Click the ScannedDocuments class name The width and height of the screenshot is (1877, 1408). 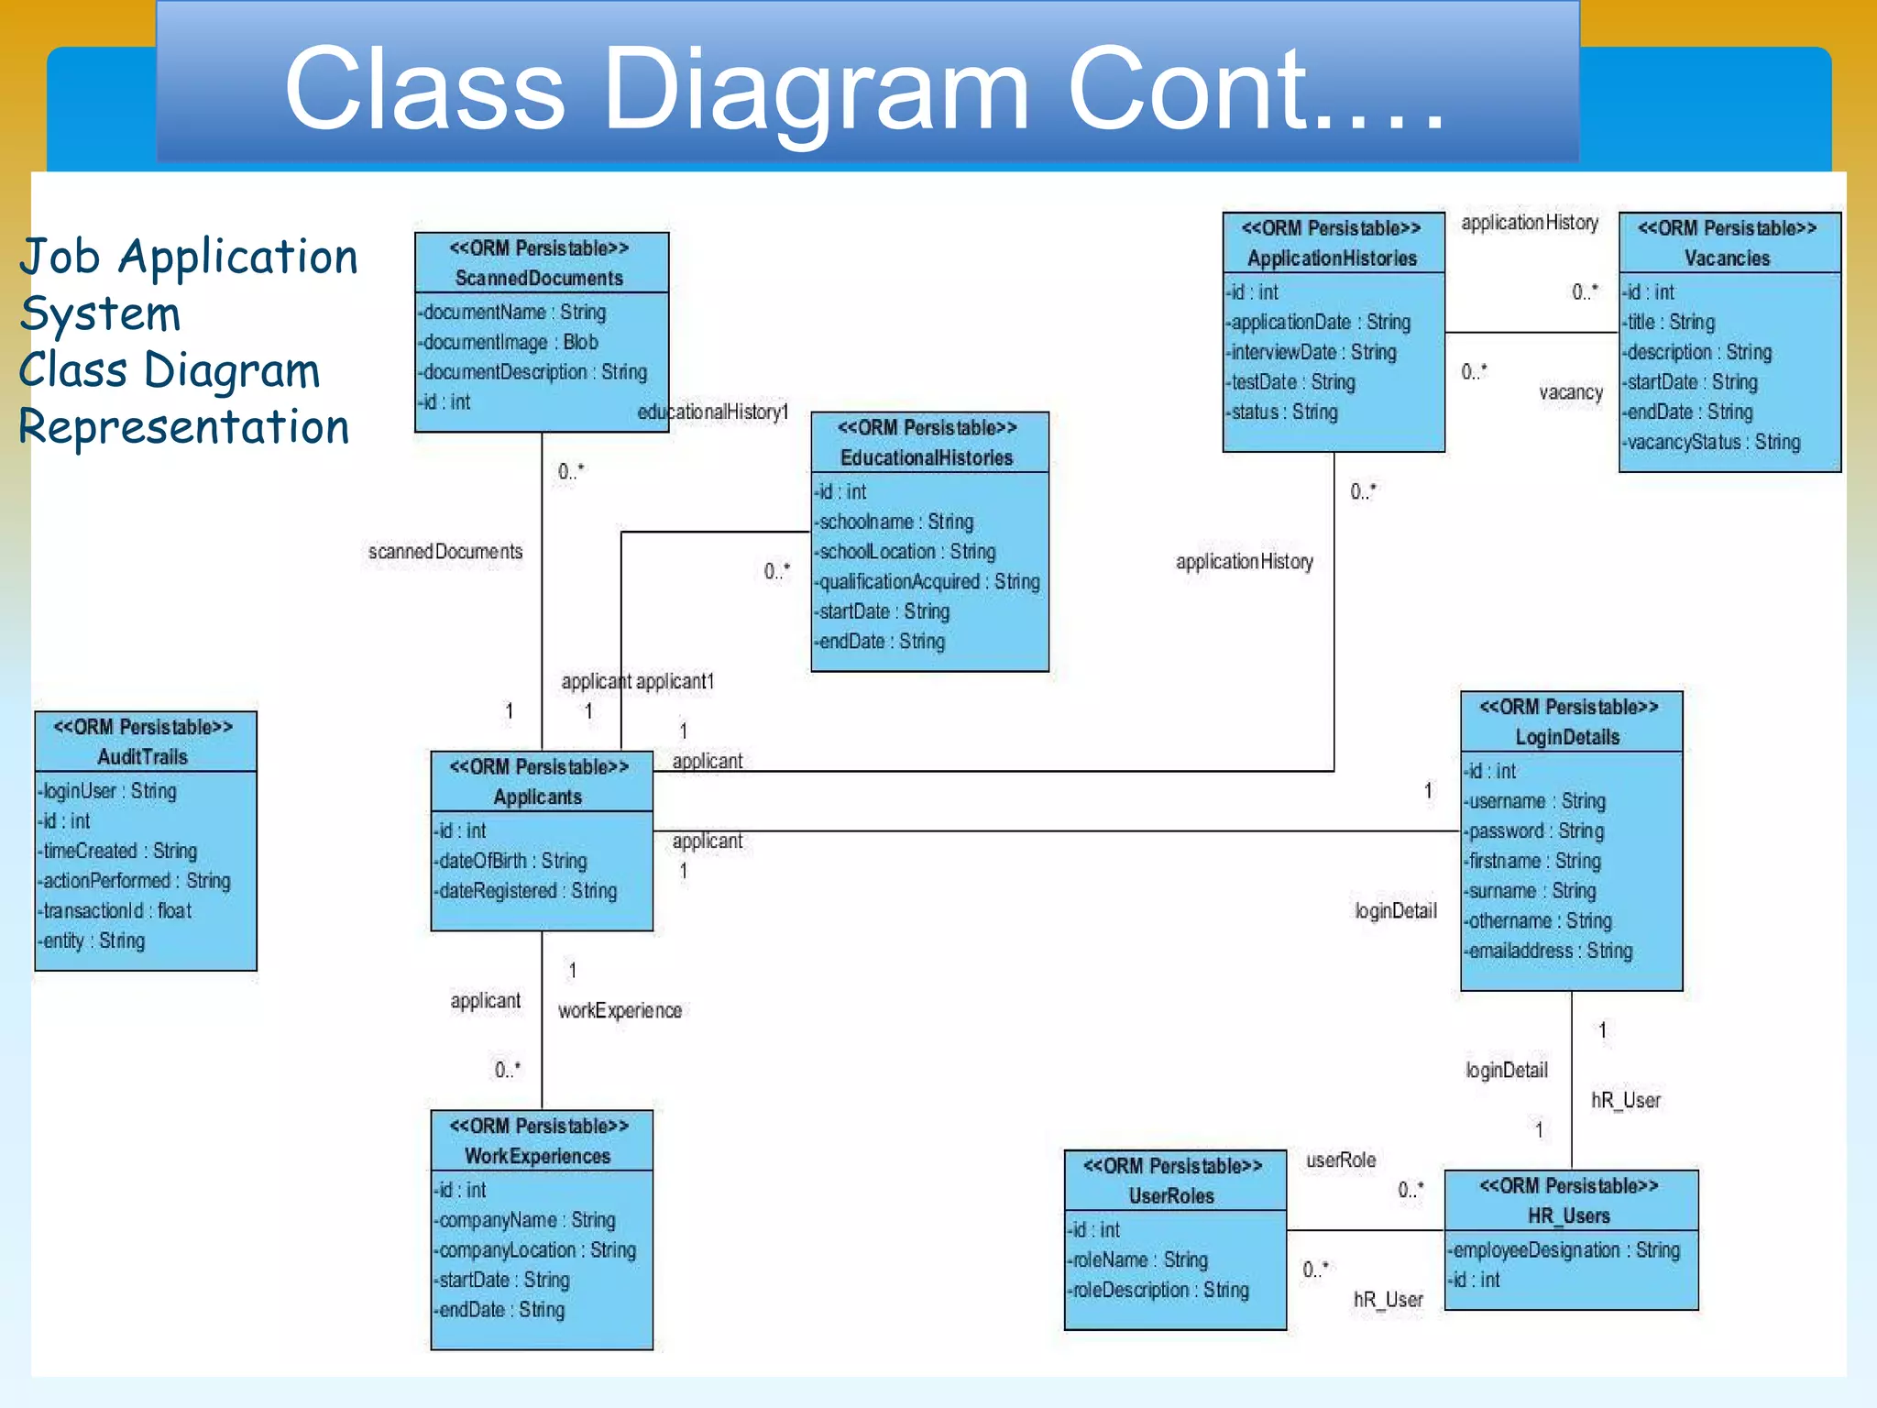click(x=539, y=278)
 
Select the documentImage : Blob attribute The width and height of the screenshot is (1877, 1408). click(x=510, y=342)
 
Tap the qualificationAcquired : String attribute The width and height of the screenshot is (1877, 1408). click(x=928, y=581)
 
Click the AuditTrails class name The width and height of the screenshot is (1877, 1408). click(x=143, y=756)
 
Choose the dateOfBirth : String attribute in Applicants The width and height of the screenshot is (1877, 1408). click(x=512, y=861)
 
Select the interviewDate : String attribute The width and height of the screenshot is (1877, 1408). click(x=1312, y=352)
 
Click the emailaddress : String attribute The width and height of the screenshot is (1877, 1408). click(x=1549, y=951)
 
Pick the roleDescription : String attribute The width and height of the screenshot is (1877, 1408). click(x=1158, y=1290)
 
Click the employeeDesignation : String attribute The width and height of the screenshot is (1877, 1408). click(x=1565, y=1250)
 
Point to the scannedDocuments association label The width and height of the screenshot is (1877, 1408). click(x=445, y=551)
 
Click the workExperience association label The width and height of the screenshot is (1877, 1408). click(x=620, y=1010)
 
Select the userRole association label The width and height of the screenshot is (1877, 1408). click(x=1341, y=1160)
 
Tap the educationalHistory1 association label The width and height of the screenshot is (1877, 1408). click(x=713, y=412)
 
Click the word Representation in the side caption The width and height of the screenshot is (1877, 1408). click(x=184, y=427)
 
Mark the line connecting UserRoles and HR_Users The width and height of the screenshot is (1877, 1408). click(x=1366, y=1230)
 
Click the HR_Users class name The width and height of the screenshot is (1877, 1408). click(x=1568, y=1215)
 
